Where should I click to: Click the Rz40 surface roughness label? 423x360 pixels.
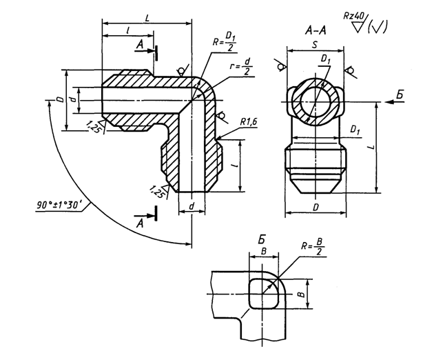tap(353, 16)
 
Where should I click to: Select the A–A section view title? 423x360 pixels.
tap(316, 30)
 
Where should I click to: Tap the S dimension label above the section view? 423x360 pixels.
tap(315, 45)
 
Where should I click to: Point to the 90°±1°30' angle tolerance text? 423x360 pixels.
tap(59, 206)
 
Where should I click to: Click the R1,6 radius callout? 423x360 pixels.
tap(249, 122)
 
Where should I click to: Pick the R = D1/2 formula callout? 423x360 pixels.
tap(224, 42)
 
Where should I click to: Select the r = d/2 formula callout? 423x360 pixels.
tap(240, 67)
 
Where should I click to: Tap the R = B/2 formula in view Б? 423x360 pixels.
tap(313, 247)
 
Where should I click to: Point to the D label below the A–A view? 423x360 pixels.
tap(316, 208)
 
